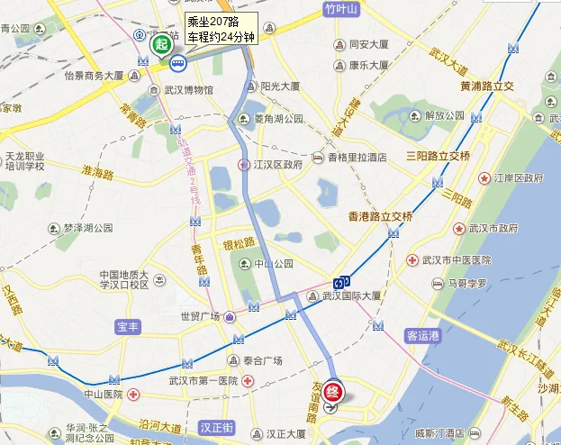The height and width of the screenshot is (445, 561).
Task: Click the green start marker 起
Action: [x=161, y=44]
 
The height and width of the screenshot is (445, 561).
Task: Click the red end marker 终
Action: [x=333, y=392]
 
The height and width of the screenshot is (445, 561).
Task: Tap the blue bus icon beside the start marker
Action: [x=178, y=63]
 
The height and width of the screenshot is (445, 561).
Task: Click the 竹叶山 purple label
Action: [x=340, y=10]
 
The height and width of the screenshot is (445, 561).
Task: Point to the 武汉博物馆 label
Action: [x=189, y=90]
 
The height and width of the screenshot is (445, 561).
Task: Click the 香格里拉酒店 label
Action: [x=357, y=157]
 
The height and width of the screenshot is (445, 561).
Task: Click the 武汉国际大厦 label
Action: [x=352, y=295]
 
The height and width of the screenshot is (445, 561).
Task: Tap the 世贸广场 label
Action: [x=201, y=316]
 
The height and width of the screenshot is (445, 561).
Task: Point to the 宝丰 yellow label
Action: [x=128, y=326]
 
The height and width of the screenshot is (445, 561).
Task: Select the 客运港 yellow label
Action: [x=422, y=336]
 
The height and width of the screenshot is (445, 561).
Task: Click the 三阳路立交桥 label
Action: [x=438, y=156]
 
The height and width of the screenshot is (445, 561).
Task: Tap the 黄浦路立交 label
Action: [x=486, y=86]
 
